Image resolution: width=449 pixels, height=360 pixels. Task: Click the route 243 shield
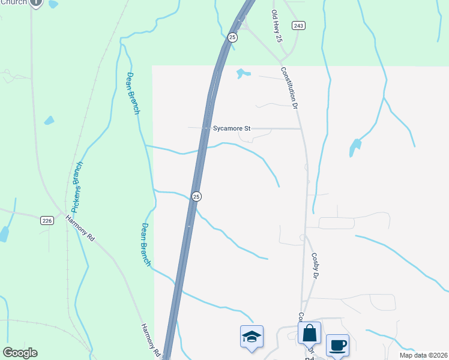tap(298, 25)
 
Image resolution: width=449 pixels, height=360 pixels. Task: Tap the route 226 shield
tap(47, 221)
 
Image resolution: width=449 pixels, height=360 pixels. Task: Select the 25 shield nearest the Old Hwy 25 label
tap(233, 37)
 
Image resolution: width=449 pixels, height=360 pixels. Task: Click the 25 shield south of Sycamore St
tap(196, 196)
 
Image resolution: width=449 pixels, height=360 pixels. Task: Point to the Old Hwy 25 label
tap(276, 26)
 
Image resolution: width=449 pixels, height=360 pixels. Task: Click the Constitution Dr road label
tap(289, 88)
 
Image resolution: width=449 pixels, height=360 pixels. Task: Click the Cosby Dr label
tap(314, 265)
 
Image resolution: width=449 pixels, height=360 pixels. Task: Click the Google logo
tap(20, 353)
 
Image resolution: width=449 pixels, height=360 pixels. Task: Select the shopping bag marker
tap(309, 333)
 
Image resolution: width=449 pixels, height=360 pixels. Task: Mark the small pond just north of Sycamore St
tap(242, 74)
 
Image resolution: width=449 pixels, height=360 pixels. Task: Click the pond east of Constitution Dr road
tap(355, 146)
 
